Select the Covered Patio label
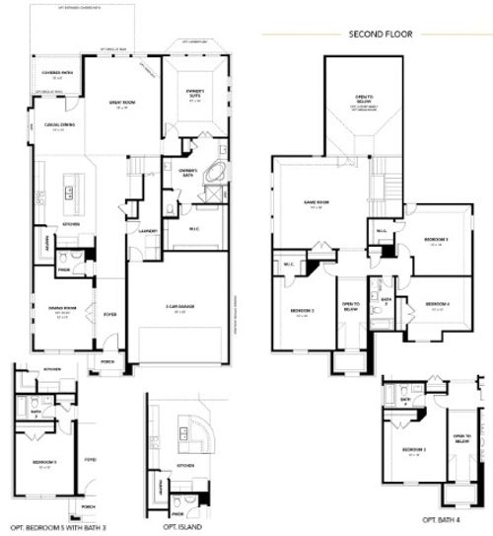(x=49, y=74)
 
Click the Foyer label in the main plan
(x=110, y=315)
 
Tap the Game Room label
(x=315, y=205)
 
